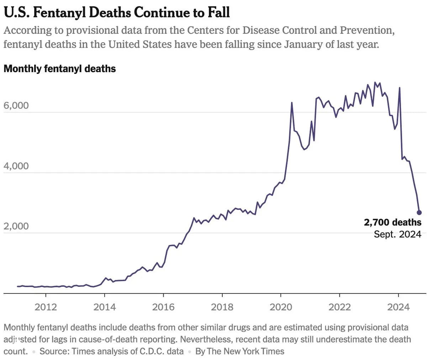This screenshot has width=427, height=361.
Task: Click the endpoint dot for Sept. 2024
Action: tap(419, 212)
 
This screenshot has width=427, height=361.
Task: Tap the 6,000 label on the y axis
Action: tap(16, 106)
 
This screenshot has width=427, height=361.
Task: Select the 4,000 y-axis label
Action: tap(16, 166)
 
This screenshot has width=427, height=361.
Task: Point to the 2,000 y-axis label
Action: tap(16, 226)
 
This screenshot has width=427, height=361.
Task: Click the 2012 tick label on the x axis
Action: tap(46, 307)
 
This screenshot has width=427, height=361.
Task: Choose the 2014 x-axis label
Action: tap(105, 307)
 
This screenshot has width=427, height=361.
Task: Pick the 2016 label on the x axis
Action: tap(163, 307)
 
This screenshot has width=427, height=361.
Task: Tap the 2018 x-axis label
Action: tap(222, 307)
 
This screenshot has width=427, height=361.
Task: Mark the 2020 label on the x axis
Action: tap(281, 307)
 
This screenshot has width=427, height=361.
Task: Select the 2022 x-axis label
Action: tap(339, 307)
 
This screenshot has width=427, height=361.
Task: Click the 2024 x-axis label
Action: tap(398, 307)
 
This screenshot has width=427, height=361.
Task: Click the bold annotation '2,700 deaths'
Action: tap(392, 223)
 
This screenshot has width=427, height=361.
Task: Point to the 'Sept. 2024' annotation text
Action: tap(397, 234)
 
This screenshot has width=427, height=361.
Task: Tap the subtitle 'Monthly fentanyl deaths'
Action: tap(60, 68)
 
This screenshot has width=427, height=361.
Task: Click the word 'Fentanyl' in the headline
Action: tap(55, 12)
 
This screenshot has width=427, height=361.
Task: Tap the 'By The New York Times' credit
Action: tap(240, 351)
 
